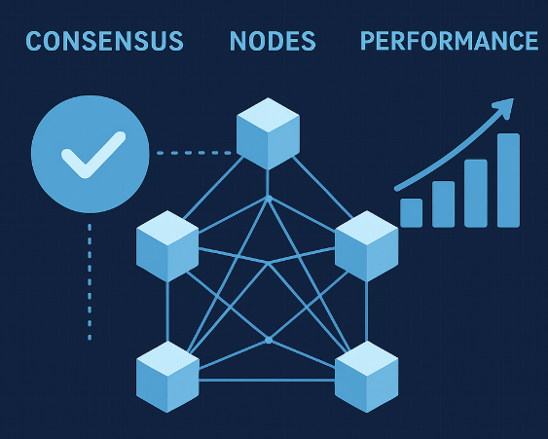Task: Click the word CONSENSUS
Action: (x=104, y=41)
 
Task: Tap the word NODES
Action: (x=273, y=41)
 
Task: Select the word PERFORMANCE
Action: (x=449, y=41)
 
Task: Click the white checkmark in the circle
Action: (x=93, y=155)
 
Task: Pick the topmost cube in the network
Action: (x=268, y=134)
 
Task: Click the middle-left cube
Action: (x=167, y=246)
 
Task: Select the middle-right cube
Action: (x=367, y=246)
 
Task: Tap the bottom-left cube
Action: (x=167, y=377)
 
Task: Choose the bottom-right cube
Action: (x=367, y=377)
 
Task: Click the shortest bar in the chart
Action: (x=412, y=213)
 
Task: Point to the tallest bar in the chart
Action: (x=508, y=180)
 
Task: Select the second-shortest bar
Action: (x=444, y=204)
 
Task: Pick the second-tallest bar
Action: (x=476, y=194)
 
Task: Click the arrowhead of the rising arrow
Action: (x=504, y=107)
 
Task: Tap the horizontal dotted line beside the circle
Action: (x=194, y=153)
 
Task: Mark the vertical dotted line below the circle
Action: (x=90, y=281)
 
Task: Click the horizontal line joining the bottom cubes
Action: (x=267, y=380)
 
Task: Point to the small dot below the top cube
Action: (x=269, y=199)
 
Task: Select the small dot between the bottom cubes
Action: (x=269, y=340)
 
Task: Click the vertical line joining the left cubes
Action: (x=167, y=311)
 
